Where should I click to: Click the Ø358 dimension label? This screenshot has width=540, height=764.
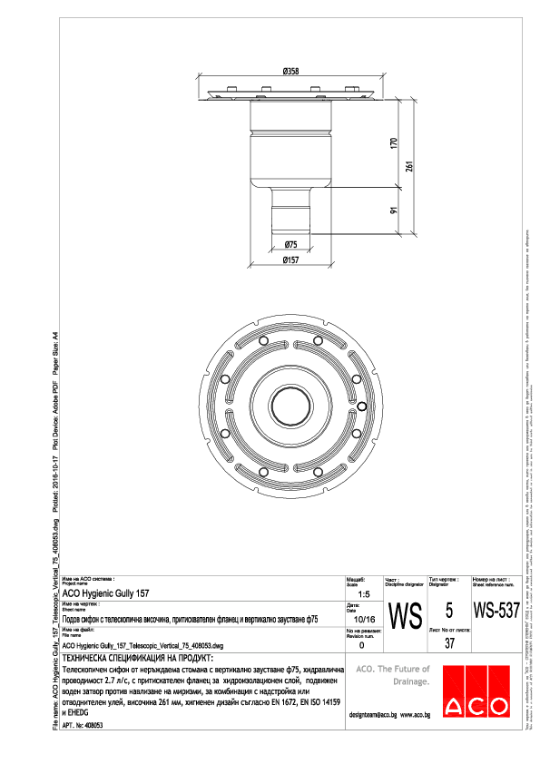pos(291,71)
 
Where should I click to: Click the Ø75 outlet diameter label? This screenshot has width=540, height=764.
pos(290,245)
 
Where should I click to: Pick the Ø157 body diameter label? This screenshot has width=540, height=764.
pos(290,260)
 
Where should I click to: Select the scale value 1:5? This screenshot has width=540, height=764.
pos(363,593)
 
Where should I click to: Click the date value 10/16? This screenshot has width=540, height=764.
pos(363,619)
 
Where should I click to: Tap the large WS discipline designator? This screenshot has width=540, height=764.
pos(403,617)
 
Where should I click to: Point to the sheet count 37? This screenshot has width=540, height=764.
pos(449,643)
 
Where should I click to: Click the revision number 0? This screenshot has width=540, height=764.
pos(363,645)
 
